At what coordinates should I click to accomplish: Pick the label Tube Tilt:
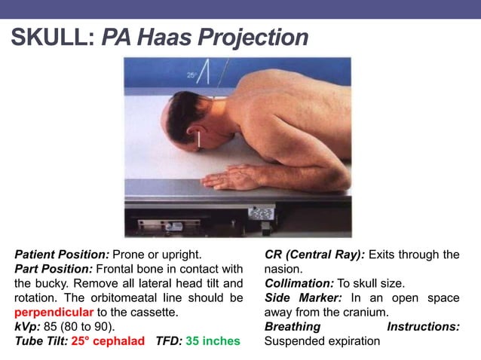[41, 340]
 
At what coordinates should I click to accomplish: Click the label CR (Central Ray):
[314, 255]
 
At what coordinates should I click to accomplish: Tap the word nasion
[284, 269]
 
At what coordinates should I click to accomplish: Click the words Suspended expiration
[323, 340]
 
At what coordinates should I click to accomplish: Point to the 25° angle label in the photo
[191, 75]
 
